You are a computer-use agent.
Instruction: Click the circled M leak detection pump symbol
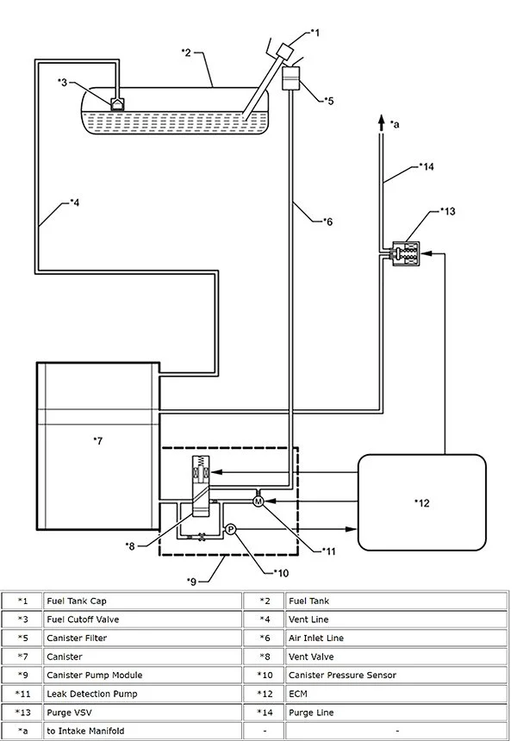pos(258,501)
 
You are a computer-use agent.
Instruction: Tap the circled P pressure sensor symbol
pos(230,529)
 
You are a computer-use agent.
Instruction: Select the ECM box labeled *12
pos(422,502)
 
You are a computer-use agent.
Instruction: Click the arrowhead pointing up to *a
pos(382,121)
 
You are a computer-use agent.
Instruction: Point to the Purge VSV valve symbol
pos(406,254)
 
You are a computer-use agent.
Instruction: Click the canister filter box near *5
pos(290,78)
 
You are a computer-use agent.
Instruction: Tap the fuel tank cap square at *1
pos(285,50)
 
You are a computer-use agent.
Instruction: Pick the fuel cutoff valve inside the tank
pos(117,103)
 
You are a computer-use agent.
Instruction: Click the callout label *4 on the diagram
pos(74,202)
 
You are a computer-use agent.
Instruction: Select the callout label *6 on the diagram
pos(327,221)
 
